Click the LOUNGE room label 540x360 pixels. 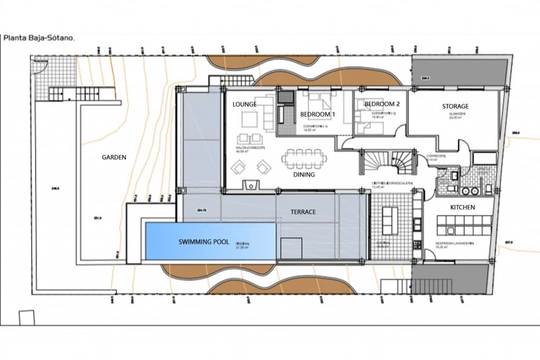(x=245, y=104)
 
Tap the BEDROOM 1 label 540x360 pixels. (x=317, y=114)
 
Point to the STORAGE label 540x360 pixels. (x=455, y=106)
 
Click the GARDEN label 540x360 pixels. (x=114, y=157)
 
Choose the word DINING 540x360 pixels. (x=304, y=174)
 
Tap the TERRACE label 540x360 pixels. (x=303, y=212)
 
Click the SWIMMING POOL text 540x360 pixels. (x=204, y=242)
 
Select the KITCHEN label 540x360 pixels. (x=462, y=208)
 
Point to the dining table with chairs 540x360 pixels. (x=304, y=158)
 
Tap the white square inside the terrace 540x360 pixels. (x=291, y=248)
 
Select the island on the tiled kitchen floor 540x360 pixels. (x=390, y=220)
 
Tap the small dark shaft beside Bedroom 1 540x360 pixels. (x=286, y=97)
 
